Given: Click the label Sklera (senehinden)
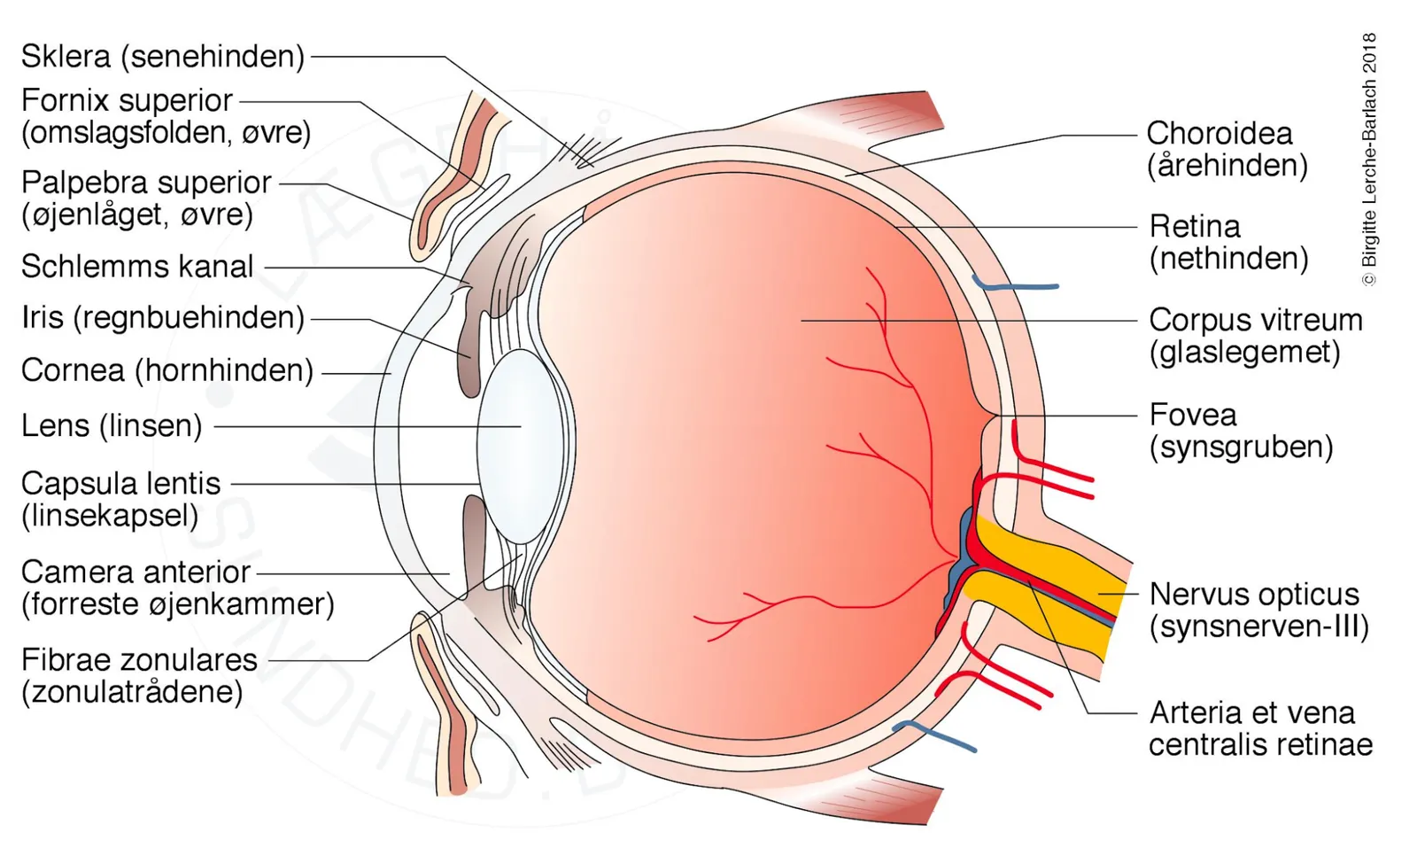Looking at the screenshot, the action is [x=163, y=57].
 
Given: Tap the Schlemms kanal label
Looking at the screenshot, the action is [x=137, y=267].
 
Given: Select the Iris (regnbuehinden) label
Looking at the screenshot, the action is [x=163, y=318].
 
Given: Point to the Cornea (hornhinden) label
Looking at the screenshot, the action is [x=167, y=371].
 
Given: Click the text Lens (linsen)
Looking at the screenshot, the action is [x=112, y=425].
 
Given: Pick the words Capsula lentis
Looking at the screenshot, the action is [x=120, y=485].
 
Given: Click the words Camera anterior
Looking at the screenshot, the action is [x=136, y=572].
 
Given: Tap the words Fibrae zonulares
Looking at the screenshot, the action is [x=139, y=660].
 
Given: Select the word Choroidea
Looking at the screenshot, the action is [x=1219, y=134].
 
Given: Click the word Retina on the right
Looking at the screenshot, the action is [x=1195, y=227].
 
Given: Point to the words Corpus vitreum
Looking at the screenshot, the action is [x=1256, y=321].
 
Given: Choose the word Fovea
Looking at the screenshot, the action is [x=1192, y=416].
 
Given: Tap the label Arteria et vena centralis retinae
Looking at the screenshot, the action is [x=1261, y=728].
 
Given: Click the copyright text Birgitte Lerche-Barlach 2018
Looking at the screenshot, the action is [x=1369, y=160].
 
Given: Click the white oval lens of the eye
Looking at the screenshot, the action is [x=521, y=447].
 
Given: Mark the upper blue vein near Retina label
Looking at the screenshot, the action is [x=1015, y=284].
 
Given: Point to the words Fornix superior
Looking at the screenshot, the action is [x=128, y=101].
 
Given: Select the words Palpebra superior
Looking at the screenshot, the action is [x=146, y=183].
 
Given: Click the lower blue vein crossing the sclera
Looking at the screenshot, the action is [x=933, y=735].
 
